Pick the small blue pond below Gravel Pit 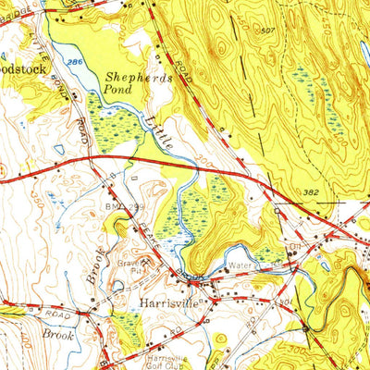(118, 286)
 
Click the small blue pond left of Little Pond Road (58, 149)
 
